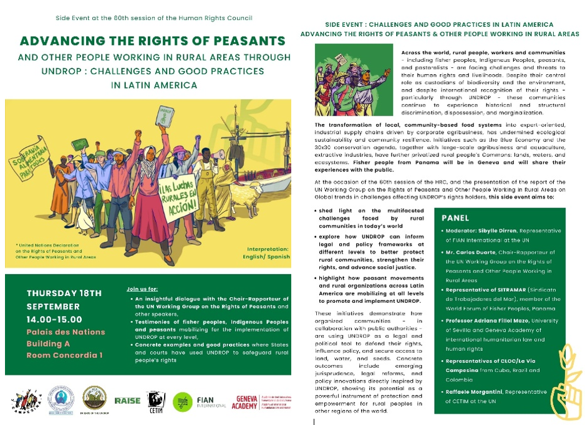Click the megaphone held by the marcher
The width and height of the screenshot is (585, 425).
(x=218, y=153)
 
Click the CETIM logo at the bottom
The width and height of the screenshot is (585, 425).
(x=155, y=401)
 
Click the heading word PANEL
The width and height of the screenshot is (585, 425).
(x=455, y=219)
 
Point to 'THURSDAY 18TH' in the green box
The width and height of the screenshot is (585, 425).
(x=64, y=293)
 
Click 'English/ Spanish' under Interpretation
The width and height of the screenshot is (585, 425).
(x=264, y=255)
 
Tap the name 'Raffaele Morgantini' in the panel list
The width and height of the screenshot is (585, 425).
(x=483, y=392)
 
